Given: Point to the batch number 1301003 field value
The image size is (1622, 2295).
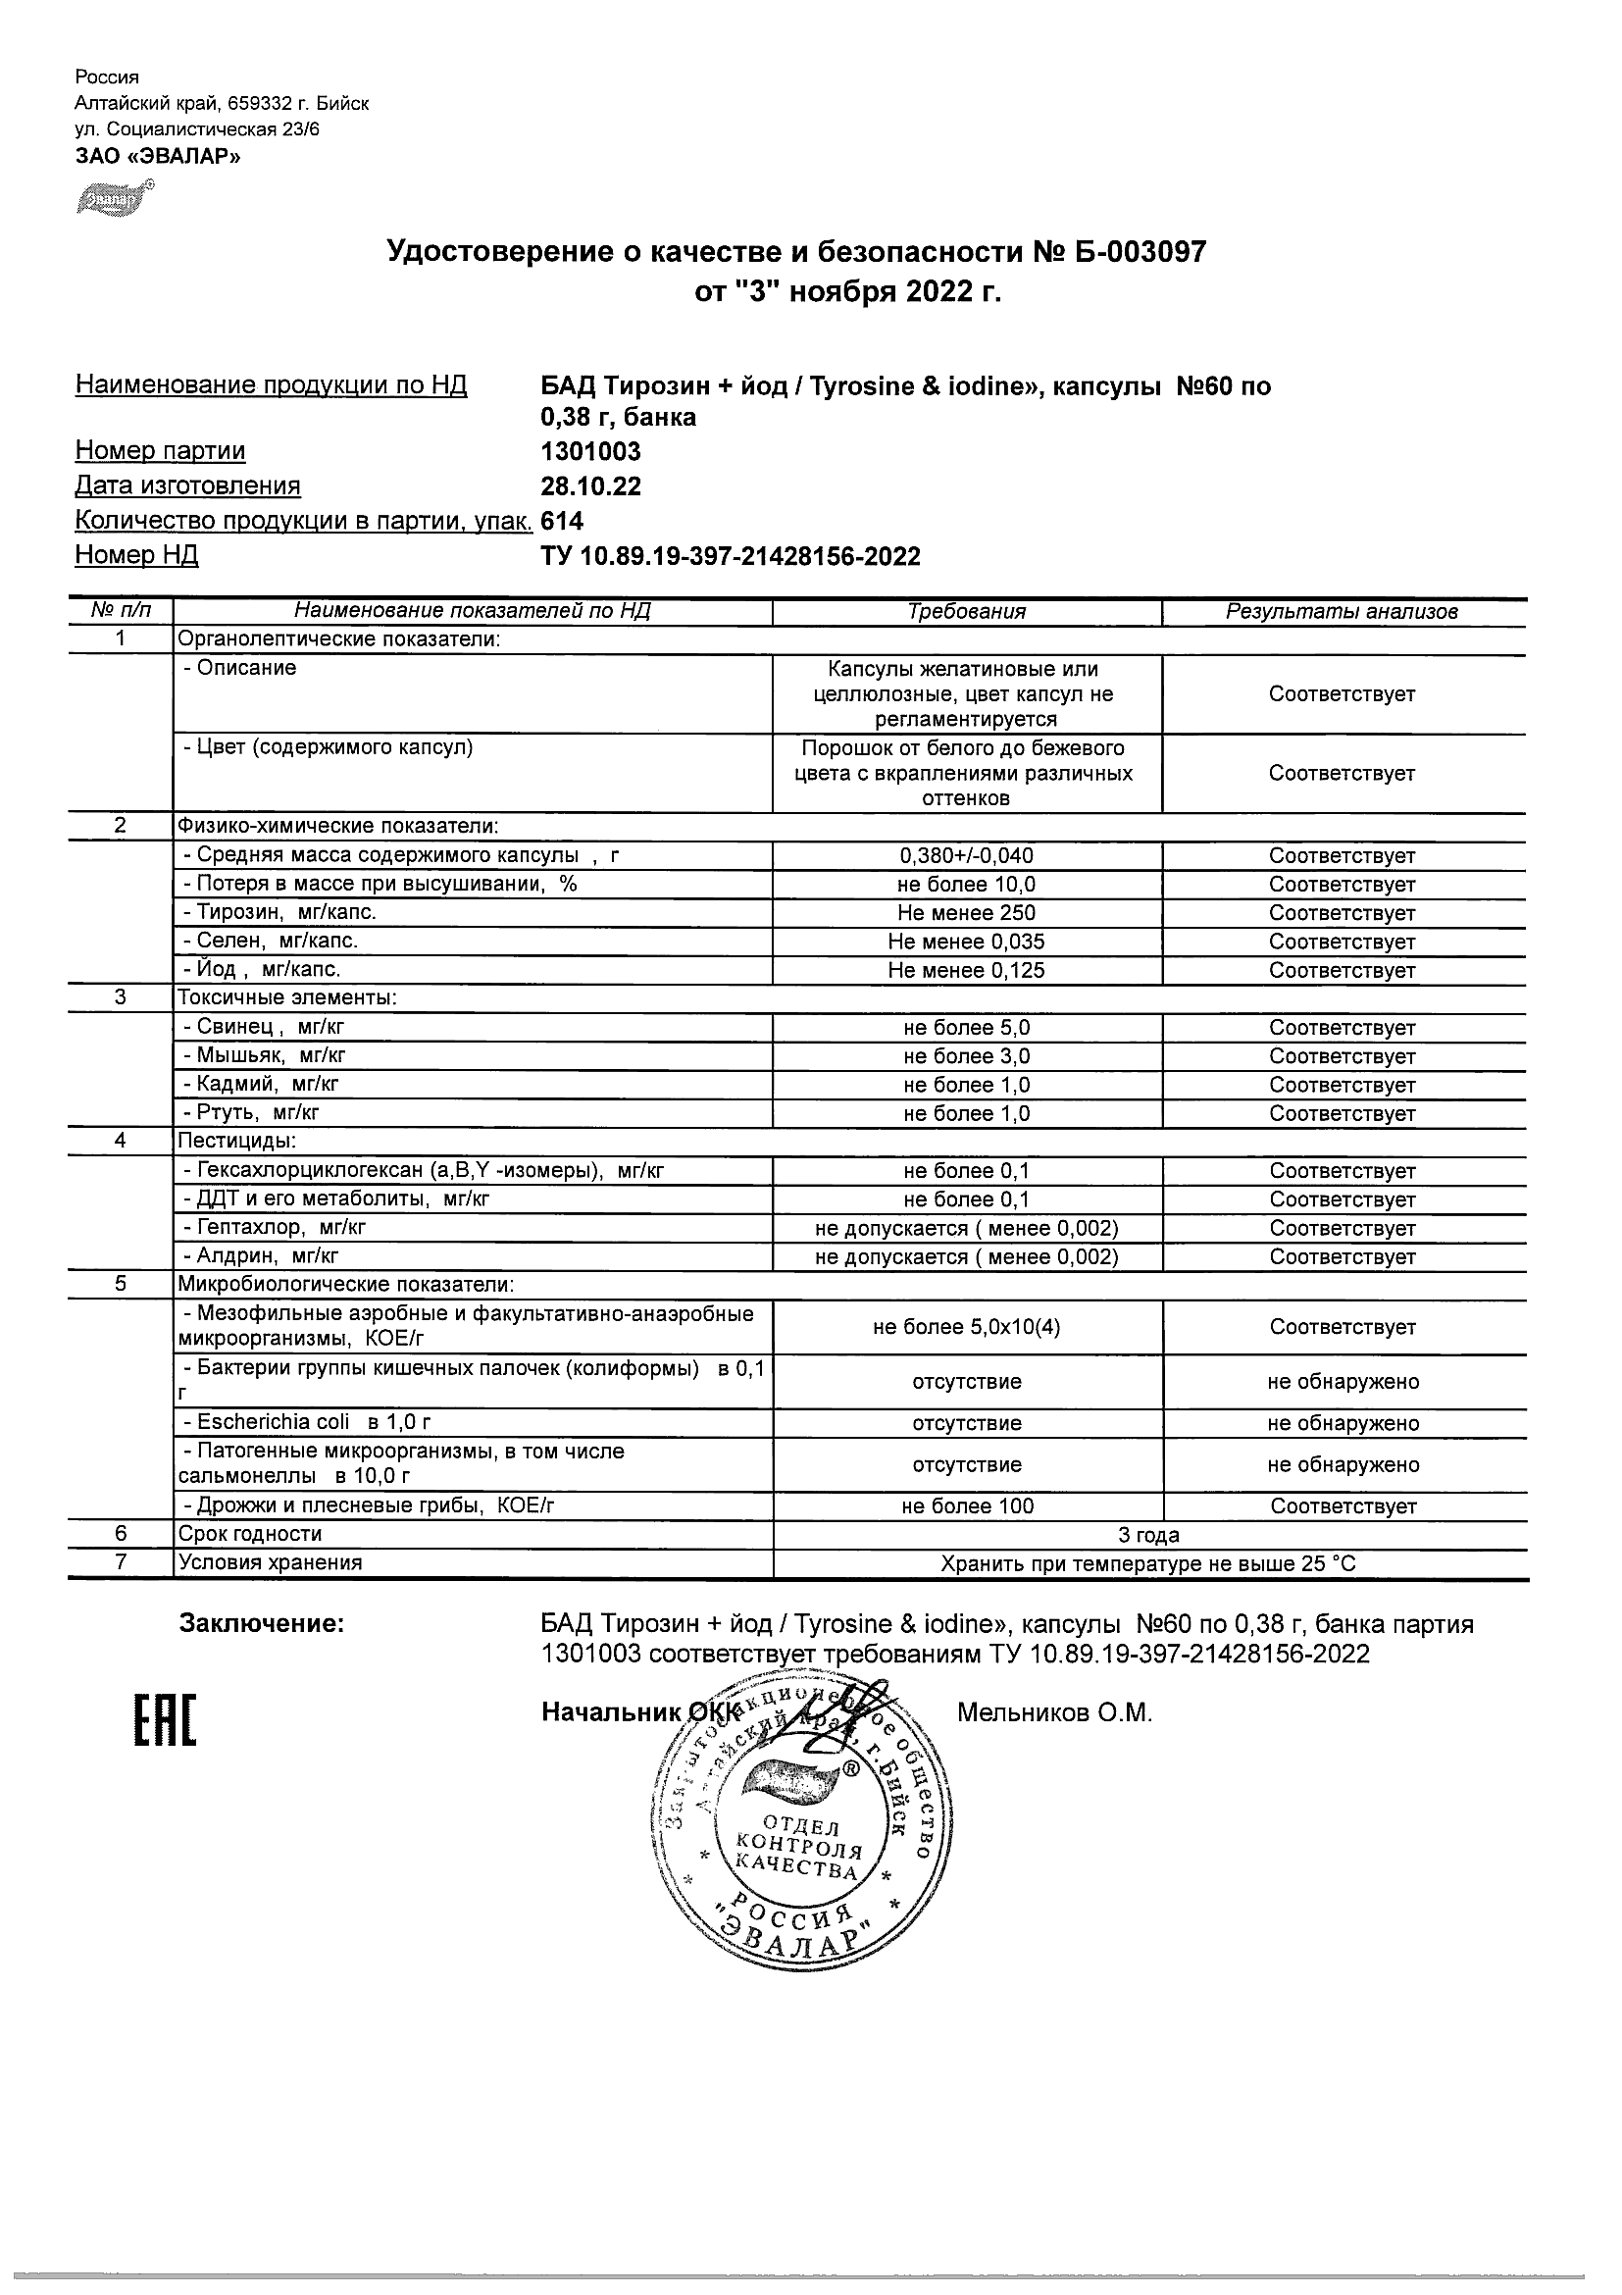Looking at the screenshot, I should click(590, 451).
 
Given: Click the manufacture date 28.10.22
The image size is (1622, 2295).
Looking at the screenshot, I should click(590, 485).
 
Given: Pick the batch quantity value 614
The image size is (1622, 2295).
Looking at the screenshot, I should click(562, 521).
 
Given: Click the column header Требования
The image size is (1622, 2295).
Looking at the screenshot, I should click(966, 612).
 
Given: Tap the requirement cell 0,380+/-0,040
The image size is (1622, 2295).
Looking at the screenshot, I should click(966, 855).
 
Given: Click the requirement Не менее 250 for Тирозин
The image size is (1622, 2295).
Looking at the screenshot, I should click(966, 912).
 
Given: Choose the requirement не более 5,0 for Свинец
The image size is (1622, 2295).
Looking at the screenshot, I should click(966, 1028).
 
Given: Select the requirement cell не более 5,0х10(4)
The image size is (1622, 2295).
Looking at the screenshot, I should click(966, 1327).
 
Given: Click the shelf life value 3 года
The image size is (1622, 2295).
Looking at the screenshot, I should click(1148, 1535).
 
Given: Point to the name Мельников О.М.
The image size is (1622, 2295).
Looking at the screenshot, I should click(1054, 1713).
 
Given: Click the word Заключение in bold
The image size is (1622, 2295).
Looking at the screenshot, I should click(262, 1624).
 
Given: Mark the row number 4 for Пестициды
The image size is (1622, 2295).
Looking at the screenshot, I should click(120, 1141).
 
